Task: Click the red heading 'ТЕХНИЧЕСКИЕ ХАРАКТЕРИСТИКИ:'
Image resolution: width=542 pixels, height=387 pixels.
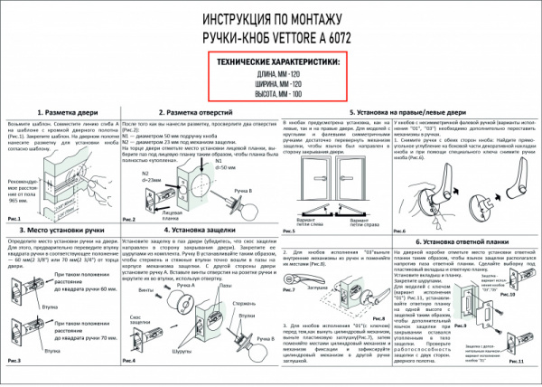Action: [270, 61]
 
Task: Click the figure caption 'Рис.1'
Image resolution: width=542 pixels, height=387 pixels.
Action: [14, 219]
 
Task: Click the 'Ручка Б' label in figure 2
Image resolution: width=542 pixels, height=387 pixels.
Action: [243, 191]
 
